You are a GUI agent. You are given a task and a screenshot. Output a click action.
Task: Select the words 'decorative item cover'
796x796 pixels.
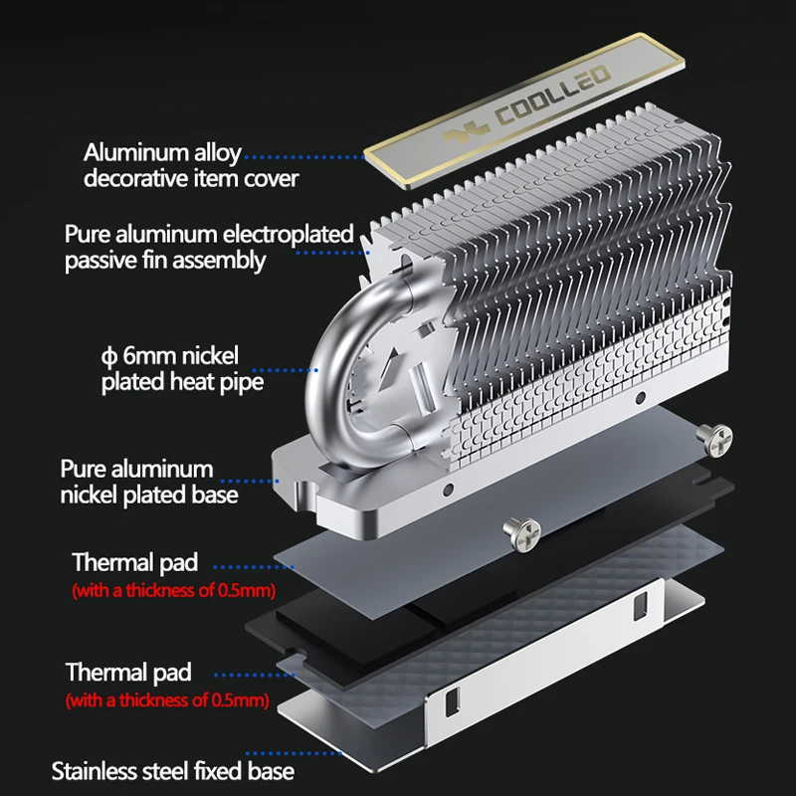191,179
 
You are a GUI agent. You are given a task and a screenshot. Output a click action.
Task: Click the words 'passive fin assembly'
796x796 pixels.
165,261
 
